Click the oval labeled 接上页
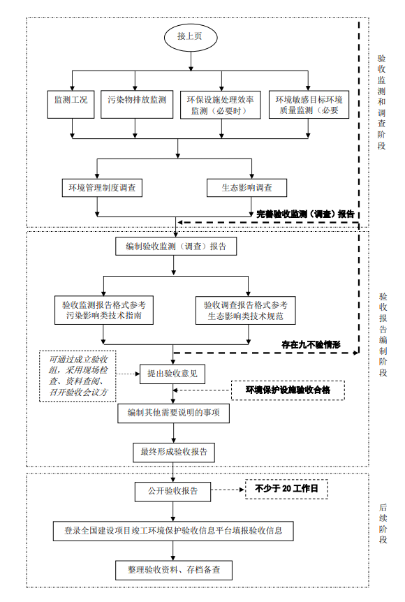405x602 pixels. pyautogui.click(x=190, y=37)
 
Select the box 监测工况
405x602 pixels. pyautogui.click(x=71, y=101)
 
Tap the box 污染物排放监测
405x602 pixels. pyautogui.click(x=137, y=101)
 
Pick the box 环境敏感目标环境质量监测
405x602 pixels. pyautogui.click(x=308, y=105)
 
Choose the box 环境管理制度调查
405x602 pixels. pyautogui.click(x=102, y=187)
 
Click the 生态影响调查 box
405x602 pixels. pyautogui.click(x=247, y=187)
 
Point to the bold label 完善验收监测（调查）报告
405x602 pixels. pyautogui.click(x=305, y=214)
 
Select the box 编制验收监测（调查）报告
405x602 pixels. pyautogui.click(x=175, y=247)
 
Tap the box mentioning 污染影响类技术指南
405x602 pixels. pyautogui.click(x=103, y=310)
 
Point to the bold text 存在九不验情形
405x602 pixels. pyautogui.click(x=311, y=344)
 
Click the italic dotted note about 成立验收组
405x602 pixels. pyautogui.click(x=78, y=376)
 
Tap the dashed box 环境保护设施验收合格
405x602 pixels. pyautogui.click(x=288, y=390)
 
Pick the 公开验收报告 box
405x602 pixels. pyautogui.click(x=172, y=490)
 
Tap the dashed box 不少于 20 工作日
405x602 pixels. pyautogui.click(x=286, y=490)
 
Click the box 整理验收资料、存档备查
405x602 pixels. pyautogui.click(x=173, y=569)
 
